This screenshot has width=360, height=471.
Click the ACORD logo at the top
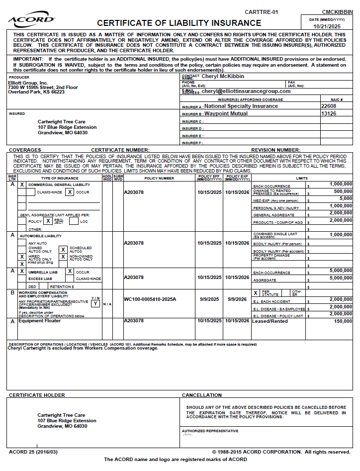[x=31, y=20]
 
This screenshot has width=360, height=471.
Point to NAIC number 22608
[x=329, y=106]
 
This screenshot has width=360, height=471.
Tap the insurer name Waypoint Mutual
[x=226, y=113]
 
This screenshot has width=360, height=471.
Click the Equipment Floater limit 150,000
[x=343, y=321]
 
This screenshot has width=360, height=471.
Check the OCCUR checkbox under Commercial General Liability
[x=70, y=192]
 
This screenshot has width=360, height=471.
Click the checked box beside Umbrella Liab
[x=22, y=272]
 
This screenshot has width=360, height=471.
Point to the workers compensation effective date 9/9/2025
[x=209, y=299]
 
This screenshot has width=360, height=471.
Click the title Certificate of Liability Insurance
[x=179, y=23]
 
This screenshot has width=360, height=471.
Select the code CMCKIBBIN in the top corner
[x=337, y=11]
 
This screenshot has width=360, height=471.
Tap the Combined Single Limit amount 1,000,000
[x=341, y=234]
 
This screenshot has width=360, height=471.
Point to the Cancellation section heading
[x=202, y=395]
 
